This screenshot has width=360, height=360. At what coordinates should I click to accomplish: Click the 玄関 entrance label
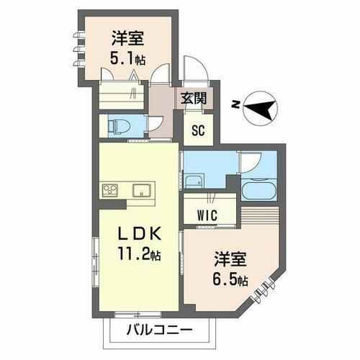point(192,99)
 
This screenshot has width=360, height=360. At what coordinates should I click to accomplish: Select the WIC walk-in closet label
point(210,215)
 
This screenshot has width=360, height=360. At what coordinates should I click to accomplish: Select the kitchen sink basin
point(140,191)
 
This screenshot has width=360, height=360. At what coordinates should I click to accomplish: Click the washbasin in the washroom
point(194,179)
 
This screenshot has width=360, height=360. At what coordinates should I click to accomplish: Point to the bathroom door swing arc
point(250,162)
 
